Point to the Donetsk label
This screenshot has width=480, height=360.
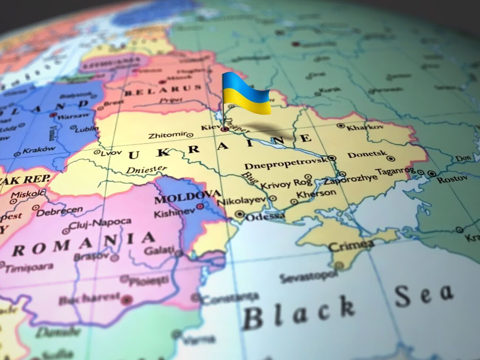coord(367,154)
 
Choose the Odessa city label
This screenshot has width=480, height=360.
coord(265,217)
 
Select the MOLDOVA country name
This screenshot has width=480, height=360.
coord(188,198)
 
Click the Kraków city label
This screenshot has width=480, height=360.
coord(39,150)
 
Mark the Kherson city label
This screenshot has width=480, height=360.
coord(316,194)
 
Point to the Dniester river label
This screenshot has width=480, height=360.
coord(146,170)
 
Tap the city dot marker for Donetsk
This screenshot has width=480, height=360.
coord(391,159)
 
